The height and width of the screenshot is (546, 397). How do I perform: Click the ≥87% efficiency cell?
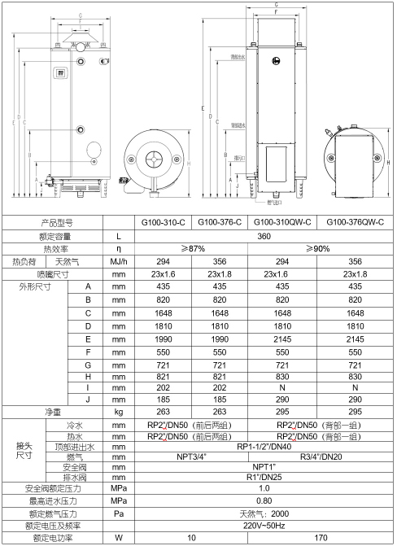pos(192,248)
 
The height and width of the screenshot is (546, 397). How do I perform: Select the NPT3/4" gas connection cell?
pos(192,457)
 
